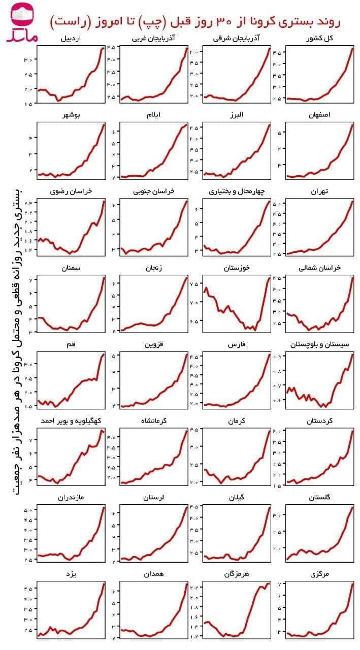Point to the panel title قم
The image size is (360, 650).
(x=71, y=344)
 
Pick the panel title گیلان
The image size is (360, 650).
(x=237, y=497)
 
